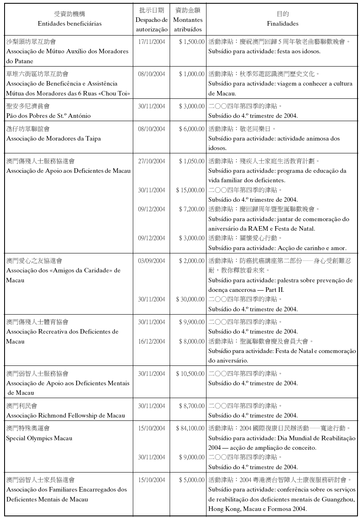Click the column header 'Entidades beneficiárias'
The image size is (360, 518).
tap(69, 24)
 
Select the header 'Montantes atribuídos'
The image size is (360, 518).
tap(187, 25)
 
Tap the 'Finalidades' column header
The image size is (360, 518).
tap(282, 24)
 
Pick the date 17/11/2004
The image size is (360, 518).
tap(151, 41)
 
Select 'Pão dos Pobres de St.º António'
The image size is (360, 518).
tap(48, 116)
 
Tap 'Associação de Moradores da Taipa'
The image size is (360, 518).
tap(53, 138)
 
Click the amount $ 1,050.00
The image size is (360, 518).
tap(191, 161)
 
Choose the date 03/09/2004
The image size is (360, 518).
tap(151, 260)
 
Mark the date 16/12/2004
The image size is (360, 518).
tap(151, 341)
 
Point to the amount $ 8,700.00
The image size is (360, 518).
tap(191, 406)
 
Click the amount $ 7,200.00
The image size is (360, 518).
tap(191, 209)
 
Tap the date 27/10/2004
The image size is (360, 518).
tap(151, 161)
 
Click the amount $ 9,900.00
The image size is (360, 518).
tap(191, 322)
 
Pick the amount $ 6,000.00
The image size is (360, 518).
tap(191, 129)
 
